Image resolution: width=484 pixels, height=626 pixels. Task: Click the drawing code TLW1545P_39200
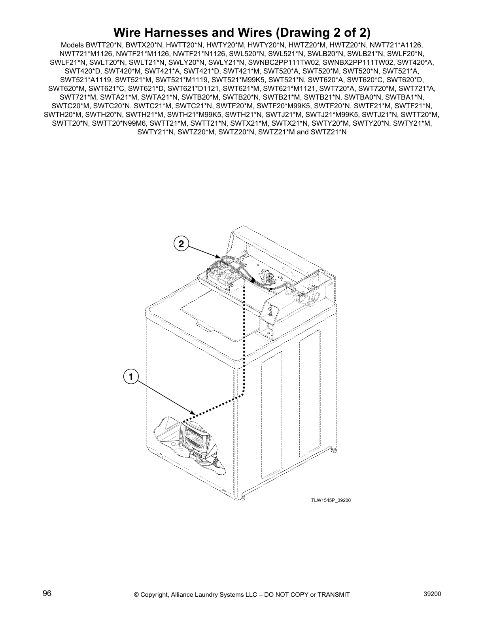pos(331,500)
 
